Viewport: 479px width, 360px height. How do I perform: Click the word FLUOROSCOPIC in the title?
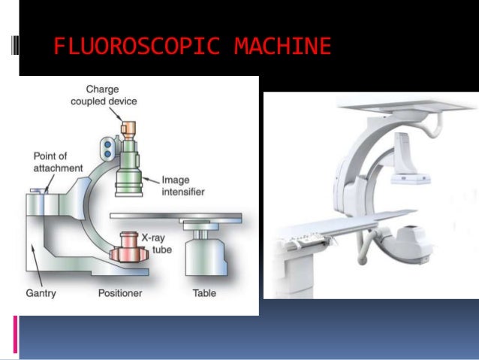pos(137,47)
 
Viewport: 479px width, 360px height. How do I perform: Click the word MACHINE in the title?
pos(282,47)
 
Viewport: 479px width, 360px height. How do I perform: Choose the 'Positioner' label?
pos(120,292)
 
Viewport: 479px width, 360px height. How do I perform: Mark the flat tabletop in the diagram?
pos(176,216)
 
